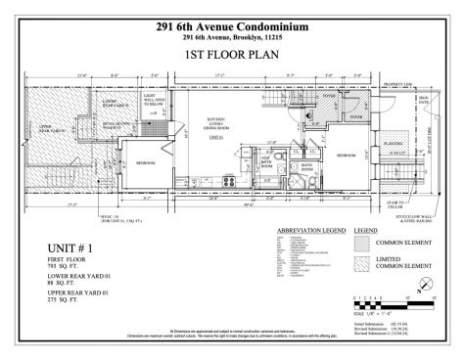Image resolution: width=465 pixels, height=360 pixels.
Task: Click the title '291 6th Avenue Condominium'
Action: click(232, 26)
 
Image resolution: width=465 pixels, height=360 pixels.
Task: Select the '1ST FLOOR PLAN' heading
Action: click(232, 58)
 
